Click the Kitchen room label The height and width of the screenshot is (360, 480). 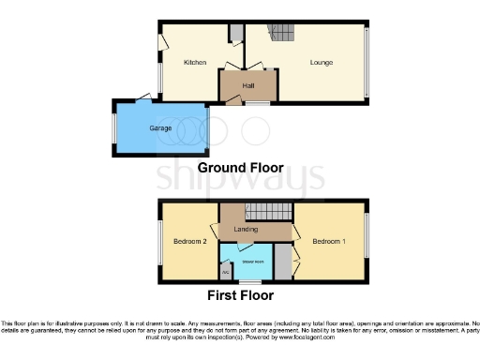click(195, 63)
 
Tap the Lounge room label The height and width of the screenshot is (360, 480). click(322, 63)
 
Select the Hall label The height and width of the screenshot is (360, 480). click(248, 86)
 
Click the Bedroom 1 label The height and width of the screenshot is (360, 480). click(329, 242)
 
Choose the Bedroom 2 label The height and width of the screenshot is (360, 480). click(189, 242)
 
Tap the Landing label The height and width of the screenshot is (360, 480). click(245, 229)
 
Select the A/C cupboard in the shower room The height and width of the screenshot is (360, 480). click(226, 272)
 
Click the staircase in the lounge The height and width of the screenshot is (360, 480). click(282, 35)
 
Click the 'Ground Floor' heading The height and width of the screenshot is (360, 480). click(240, 169)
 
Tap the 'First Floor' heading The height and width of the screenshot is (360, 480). click(240, 294)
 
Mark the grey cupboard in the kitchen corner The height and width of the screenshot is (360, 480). click(237, 34)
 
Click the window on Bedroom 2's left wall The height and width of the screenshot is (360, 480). click(158, 241)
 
